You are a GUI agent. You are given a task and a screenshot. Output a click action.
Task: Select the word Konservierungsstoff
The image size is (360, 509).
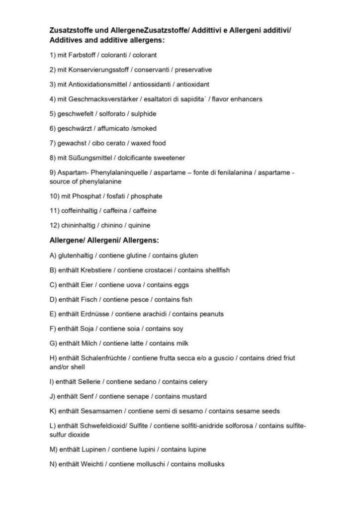[x=99, y=70]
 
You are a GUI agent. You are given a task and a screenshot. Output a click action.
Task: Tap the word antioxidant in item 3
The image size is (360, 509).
[x=191, y=85]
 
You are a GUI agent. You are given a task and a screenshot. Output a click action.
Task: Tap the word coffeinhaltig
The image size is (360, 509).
[x=79, y=211]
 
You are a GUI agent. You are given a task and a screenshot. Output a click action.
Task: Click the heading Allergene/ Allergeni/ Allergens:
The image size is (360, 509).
[x=104, y=241]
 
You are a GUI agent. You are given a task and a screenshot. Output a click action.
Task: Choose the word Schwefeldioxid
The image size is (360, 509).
[x=105, y=426]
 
